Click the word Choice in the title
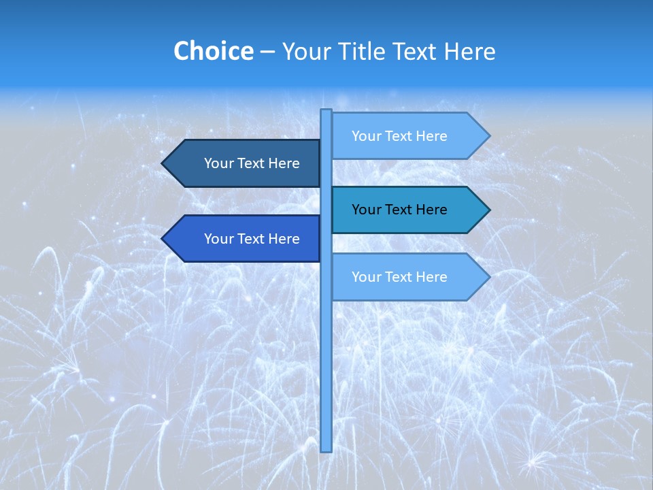coord(213,52)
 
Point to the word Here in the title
coord(469,52)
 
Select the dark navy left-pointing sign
coord(245,163)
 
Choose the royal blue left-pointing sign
coord(245,239)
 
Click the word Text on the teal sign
coord(399,210)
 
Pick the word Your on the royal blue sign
coord(218,239)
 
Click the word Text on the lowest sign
coord(399,277)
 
